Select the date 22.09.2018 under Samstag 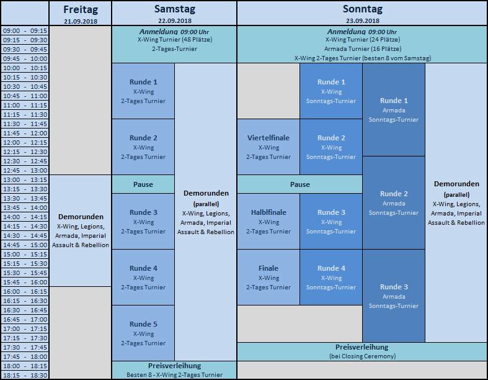click(x=175, y=21)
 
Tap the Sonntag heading click(x=363, y=9)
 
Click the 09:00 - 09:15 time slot click(x=25, y=30)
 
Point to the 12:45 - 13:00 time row click(x=25, y=170)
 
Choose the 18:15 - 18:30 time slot click(x=25, y=375)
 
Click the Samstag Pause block click(x=143, y=184)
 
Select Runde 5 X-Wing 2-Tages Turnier click(x=143, y=333)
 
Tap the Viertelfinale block click(x=268, y=147)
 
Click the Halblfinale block click(x=268, y=221)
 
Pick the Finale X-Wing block click(x=268, y=277)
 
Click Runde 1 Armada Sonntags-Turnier click(x=394, y=110)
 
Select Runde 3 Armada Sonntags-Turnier click(x=394, y=296)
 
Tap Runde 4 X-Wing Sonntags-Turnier click(x=331, y=277)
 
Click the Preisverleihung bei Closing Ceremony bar click(x=362, y=351)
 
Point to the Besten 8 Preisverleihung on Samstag click(x=174, y=370)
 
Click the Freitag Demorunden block click(x=80, y=231)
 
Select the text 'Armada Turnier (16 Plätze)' click(x=363, y=49)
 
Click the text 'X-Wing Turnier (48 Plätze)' click(x=175, y=40)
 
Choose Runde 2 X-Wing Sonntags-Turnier click(x=331, y=147)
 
